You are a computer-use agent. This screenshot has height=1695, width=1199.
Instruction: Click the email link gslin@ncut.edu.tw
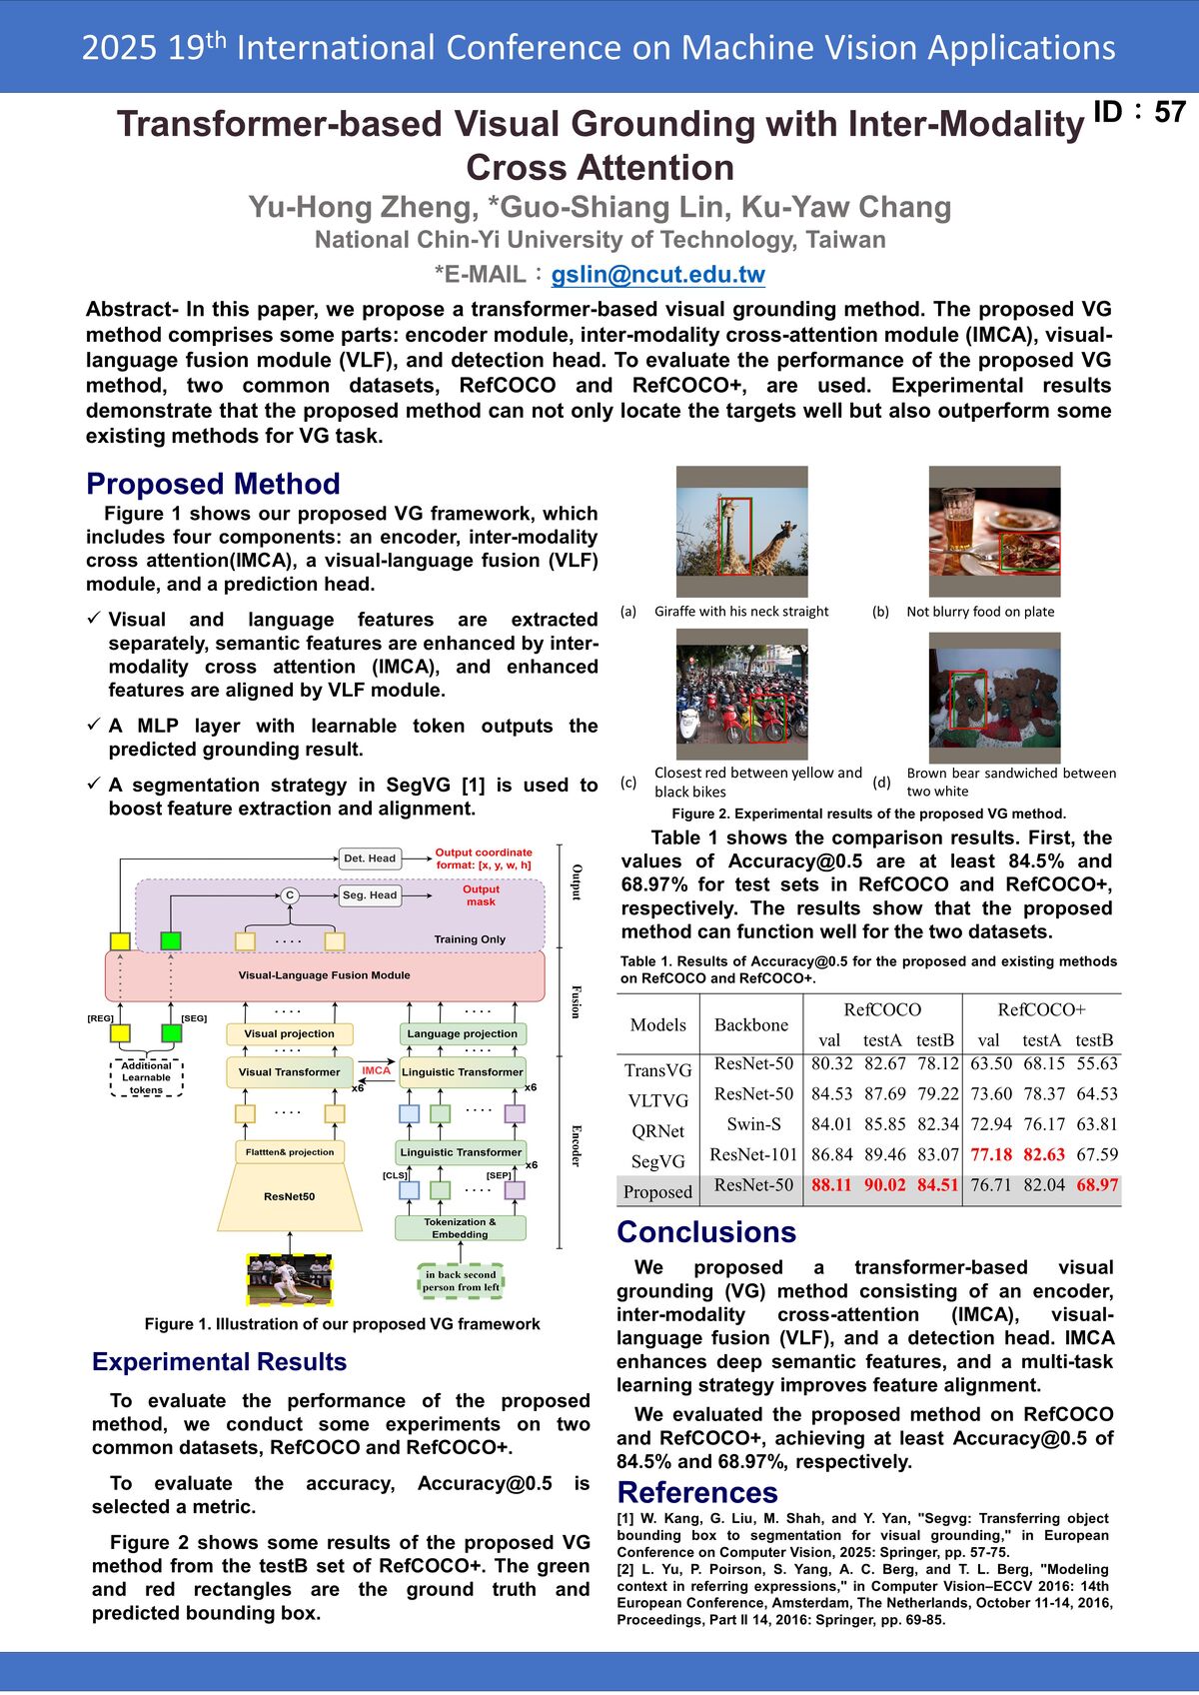point(657,275)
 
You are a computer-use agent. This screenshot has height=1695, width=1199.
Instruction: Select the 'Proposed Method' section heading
point(213,484)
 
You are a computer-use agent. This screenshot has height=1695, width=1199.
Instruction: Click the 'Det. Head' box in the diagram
point(369,858)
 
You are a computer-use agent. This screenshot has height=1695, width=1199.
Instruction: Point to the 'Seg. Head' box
point(369,895)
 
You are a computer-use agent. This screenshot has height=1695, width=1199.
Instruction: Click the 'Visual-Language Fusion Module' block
point(324,975)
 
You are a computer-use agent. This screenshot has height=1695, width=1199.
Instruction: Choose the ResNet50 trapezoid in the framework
point(289,1196)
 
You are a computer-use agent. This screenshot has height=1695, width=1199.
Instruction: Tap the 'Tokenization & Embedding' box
point(460,1228)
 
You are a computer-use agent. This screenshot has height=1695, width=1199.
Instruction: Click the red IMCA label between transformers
point(376,1070)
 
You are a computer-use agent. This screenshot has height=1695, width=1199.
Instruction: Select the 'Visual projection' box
point(289,1034)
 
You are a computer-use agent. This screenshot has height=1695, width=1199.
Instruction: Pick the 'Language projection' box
point(462,1034)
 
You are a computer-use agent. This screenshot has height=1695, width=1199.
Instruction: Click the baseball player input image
point(289,1279)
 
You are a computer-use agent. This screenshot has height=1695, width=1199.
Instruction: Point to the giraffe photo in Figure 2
point(741,532)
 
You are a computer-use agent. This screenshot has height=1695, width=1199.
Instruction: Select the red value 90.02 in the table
point(883,1184)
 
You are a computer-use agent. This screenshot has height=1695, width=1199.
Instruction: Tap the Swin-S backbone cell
point(753,1124)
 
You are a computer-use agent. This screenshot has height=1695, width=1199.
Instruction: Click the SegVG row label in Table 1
point(657,1161)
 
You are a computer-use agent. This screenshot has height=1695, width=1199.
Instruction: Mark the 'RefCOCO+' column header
point(1041,1009)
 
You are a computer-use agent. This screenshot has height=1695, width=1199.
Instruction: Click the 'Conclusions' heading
point(706,1232)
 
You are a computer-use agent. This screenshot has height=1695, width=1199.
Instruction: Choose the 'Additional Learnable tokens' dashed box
point(146,1078)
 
